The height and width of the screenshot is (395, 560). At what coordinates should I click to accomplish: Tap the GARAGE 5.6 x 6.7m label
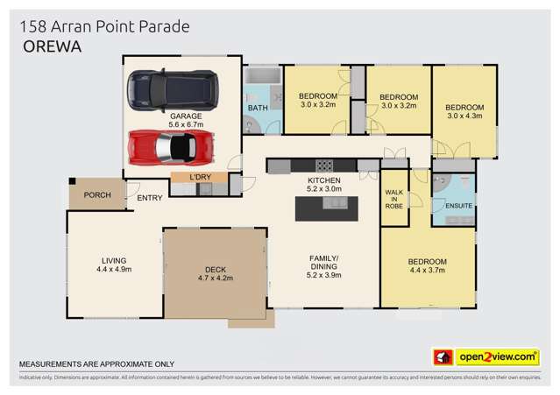(186, 119)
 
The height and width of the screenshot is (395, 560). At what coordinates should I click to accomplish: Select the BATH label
(257, 108)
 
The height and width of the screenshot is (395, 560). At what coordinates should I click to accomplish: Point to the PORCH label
(96, 194)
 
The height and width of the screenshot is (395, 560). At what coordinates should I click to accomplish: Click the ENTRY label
(149, 198)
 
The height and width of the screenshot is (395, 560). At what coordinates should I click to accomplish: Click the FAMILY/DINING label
(323, 265)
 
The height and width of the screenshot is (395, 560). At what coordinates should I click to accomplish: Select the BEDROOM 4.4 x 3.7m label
(428, 266)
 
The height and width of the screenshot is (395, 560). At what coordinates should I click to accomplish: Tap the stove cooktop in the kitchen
(323, 165)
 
